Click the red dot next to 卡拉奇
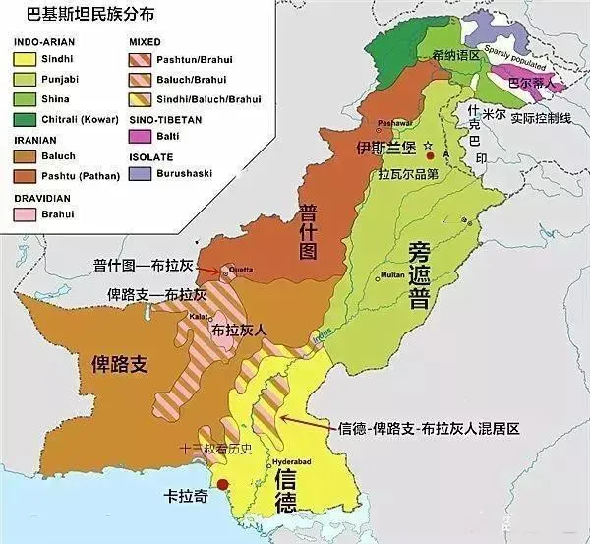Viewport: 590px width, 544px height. click(x=225, y=484)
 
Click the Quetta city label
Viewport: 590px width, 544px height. click(x=241, y=268)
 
